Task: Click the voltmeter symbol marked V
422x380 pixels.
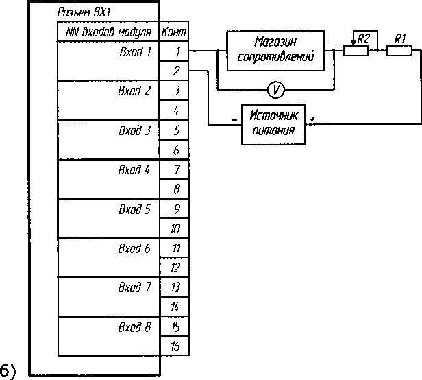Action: (275, 90)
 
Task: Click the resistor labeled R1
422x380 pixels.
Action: (399, 50)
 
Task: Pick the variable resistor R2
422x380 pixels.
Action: (356, 50)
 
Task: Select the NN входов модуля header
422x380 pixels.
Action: (108, 32)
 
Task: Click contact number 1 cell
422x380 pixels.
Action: (176, 51)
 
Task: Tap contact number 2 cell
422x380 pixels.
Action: (176, 71)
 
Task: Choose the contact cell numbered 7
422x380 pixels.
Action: (176, 169)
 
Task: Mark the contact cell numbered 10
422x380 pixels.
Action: (176, 229)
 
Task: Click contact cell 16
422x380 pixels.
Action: (176, 347)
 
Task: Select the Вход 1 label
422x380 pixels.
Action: (135, 51)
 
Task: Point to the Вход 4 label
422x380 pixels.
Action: (134, 169)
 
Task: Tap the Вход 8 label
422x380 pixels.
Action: (134, 327)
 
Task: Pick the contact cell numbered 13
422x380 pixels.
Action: (176, 287)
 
